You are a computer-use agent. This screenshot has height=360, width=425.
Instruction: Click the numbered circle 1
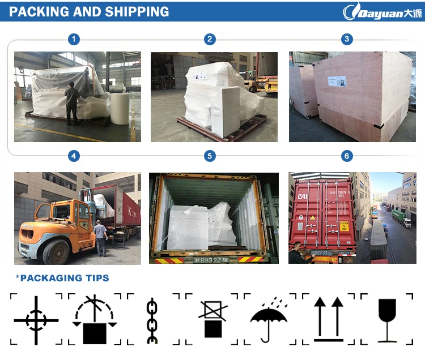click(x=74, y=39)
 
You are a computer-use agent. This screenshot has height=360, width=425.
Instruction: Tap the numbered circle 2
click(x=210, y=39)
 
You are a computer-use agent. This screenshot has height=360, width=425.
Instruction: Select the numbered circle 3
click(x=347, y=39)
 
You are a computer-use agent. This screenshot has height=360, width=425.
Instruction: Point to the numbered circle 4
click(x=74, y=156)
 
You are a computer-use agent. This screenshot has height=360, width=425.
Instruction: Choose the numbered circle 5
click(x=210, y=156)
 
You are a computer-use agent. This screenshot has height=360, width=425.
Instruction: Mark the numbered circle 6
click(x=347, y=156)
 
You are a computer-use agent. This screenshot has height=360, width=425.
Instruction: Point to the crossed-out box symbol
click(x=211, y=319)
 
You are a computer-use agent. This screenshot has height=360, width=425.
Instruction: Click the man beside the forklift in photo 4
click(x=100, y=238)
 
